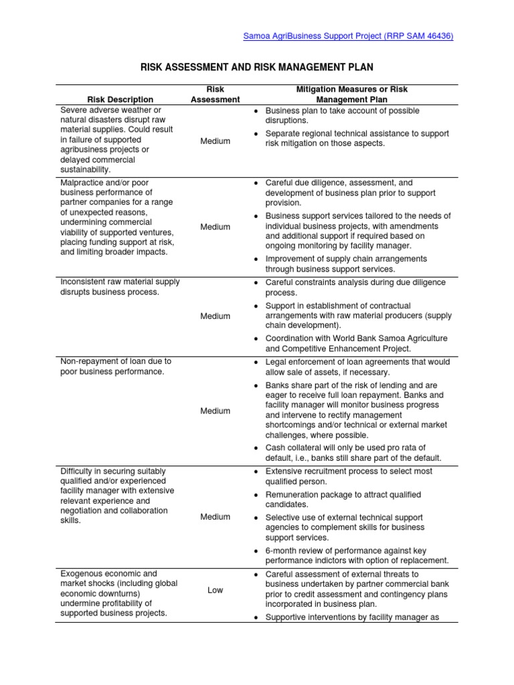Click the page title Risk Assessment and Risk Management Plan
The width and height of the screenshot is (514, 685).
point(256,68)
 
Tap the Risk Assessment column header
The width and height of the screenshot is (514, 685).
point(215,94)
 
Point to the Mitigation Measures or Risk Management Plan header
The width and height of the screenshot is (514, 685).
point(351,94)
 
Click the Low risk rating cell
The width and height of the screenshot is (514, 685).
point(215,590)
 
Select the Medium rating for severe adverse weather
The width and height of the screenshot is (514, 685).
point(215,141)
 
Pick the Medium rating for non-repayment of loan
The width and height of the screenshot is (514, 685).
point(215,411)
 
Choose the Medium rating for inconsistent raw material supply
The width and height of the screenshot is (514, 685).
point(215,316)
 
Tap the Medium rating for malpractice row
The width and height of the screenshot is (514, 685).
point(215,227)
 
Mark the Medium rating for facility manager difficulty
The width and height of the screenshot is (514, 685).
point(215,516)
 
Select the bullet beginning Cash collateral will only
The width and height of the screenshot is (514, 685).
point(345,452)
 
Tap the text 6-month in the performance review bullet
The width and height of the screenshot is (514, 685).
point(281,550)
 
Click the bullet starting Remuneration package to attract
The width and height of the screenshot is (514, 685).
point(343,499)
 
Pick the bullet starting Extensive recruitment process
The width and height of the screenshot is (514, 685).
point(349,476)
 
